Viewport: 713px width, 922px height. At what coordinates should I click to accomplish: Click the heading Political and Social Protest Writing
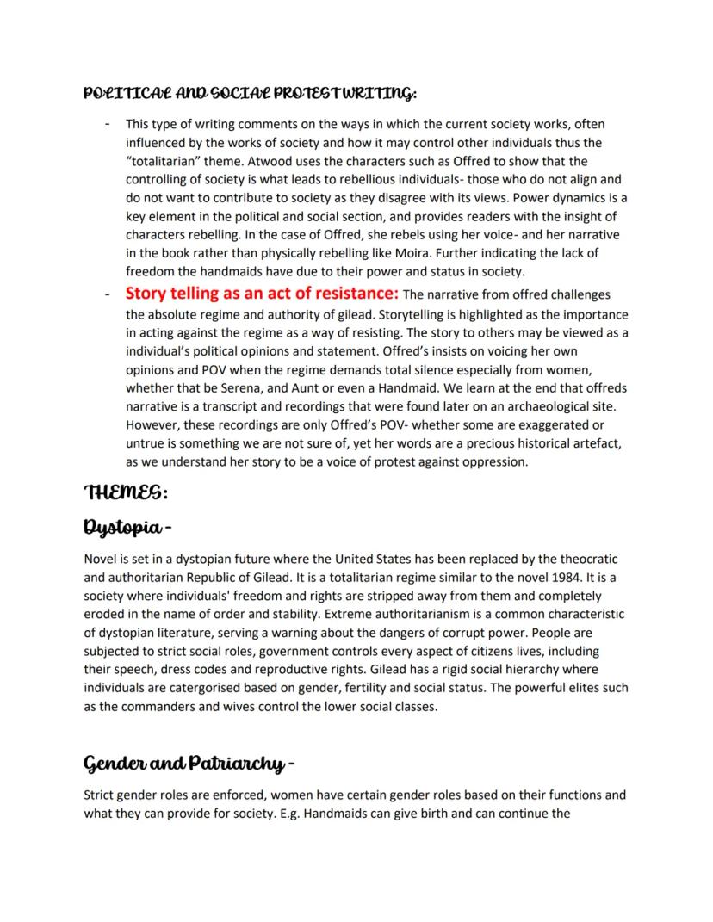(x=251, y=91)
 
